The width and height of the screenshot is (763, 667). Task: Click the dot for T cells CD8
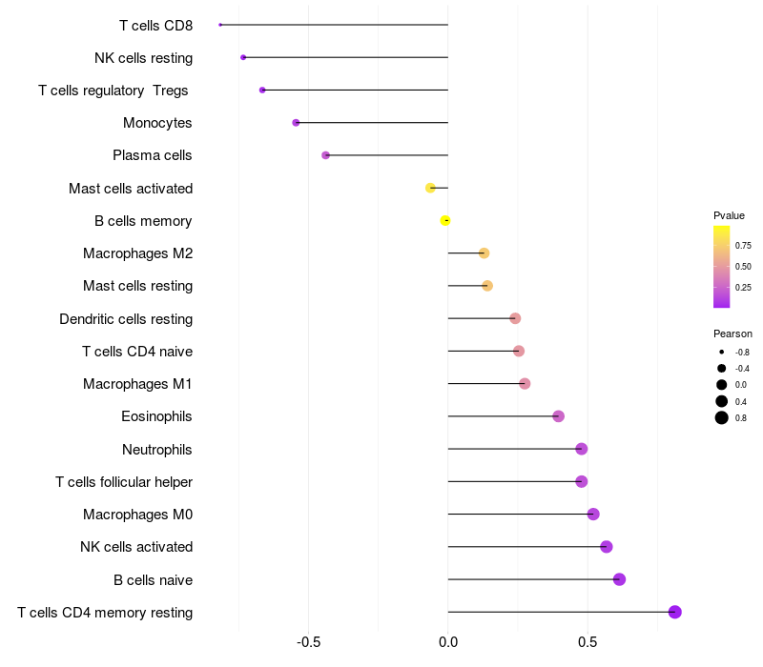coord(220,25)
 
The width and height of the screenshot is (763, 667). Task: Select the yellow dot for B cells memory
coord(444,221)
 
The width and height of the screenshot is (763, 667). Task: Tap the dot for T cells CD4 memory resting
coord(675,612)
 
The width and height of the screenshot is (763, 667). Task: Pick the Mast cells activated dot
coord(430,188)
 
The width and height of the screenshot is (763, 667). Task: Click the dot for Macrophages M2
coord(484,253)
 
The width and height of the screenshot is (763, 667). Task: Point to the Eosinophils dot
coord(559,416)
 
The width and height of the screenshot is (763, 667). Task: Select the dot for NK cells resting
coord(243,57)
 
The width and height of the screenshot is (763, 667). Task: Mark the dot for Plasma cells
coord(325,155)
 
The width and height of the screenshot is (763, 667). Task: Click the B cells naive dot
coord(619,579)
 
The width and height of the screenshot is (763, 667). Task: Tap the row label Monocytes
coord(157,123)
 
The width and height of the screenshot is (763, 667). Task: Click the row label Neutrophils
coord(156,450)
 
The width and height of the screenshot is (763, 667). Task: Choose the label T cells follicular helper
coord(124,482)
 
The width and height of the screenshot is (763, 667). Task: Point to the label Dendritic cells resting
coord(126,319)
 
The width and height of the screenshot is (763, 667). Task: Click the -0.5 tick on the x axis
coord(308,642)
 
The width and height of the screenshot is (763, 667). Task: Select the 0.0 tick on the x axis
coord(448,642)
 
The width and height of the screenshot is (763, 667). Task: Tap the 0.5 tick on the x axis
coord(588,642)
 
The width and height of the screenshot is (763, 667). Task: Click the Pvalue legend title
coord(729,215)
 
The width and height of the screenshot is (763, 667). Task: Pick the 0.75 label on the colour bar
coord(743,246)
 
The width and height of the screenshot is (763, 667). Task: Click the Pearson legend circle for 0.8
coord(722,417)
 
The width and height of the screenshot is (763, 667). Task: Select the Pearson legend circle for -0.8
coord(722,352)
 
